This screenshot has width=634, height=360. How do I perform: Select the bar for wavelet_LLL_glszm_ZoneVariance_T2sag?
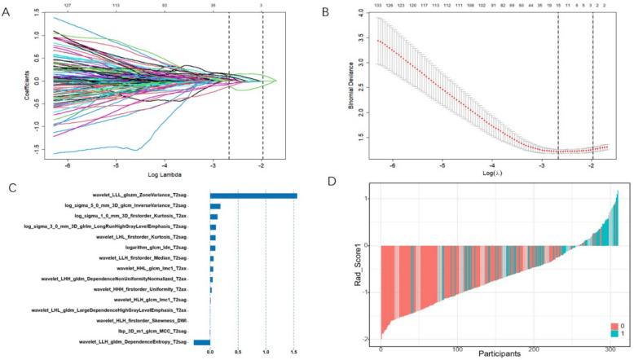point(253,195)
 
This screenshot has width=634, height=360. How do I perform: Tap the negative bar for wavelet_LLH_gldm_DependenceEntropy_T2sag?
point(201,343)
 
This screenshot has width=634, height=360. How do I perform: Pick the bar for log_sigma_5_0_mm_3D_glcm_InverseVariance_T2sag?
point(215,206)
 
